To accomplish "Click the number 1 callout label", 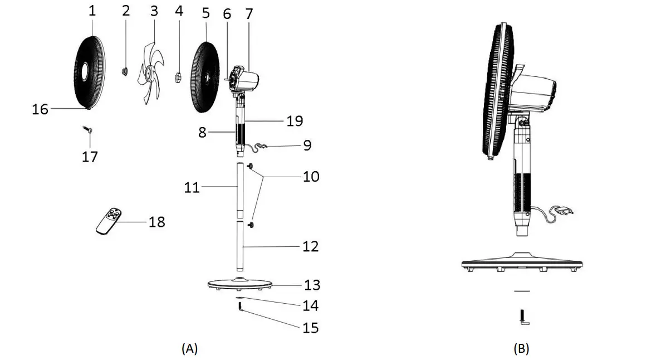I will [x=92, y=10].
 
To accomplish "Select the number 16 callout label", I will [x=40, y=109].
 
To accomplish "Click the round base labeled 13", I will [x=239, y=284].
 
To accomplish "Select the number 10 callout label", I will [x=311, y=177].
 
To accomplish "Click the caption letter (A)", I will [x=190, y=349].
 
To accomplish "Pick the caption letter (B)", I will [x=521, y=349].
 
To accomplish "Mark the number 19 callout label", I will [x=295, y=120].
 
